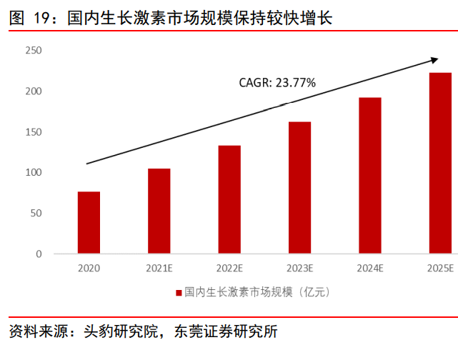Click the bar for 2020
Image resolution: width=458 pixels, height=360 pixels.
tap(89, 223)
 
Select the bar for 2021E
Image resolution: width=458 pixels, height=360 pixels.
tap(159, 211)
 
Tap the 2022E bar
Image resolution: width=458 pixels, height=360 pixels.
tap(229, 200)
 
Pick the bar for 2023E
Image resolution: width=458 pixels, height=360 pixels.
tap(299, 188)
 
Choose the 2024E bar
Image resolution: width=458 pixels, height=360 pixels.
tap(369, 176)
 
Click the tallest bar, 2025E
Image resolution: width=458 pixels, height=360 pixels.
tap(439, 164)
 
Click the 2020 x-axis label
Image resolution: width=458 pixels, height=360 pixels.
tap(89, 269)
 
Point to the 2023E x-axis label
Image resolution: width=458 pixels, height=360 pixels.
tap(299, 269)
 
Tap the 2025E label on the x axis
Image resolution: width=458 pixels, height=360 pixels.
tap(439, 269)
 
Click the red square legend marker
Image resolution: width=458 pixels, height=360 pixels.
tap(178, 292)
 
